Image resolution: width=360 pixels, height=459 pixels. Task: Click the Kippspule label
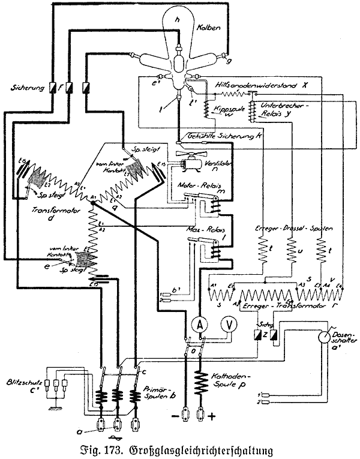[x=225, y=111]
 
